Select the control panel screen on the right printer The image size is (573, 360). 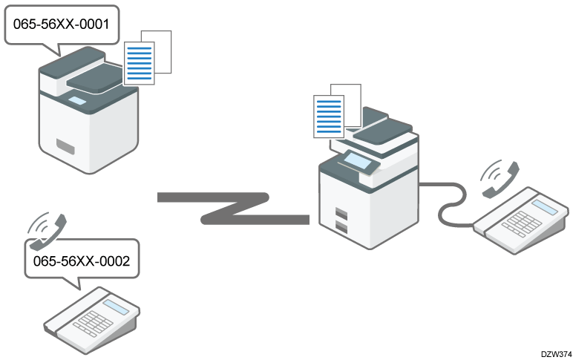coord(356,157)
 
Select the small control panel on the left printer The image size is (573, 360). coord(77,99)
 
